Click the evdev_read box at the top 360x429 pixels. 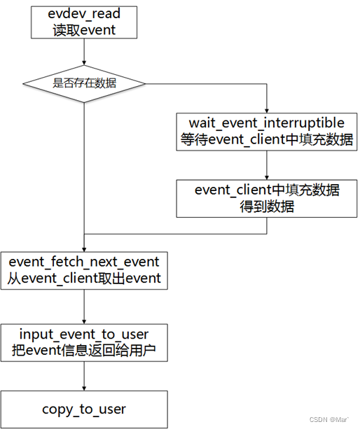point(84,23)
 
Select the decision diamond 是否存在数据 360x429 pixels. point(84,83)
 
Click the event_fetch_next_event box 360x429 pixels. point(84,270)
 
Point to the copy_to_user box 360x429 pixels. point(84,409)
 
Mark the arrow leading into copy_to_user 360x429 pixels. point(84,377)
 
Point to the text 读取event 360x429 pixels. point(84,30)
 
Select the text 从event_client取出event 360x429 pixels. point(84,279)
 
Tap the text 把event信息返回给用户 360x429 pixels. point(84,351)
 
